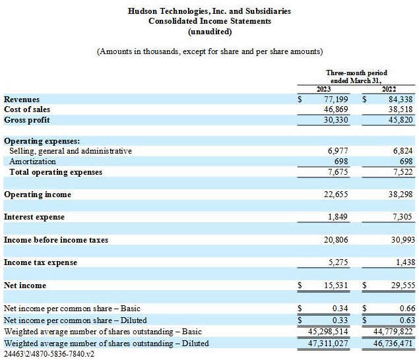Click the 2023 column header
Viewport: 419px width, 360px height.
click(323, 89)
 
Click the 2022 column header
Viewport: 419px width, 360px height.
click(389, 89)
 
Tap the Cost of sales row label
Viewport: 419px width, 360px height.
click(27, 109)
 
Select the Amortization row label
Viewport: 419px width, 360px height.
click(32, 162)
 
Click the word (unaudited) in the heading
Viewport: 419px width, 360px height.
click(210, 31)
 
